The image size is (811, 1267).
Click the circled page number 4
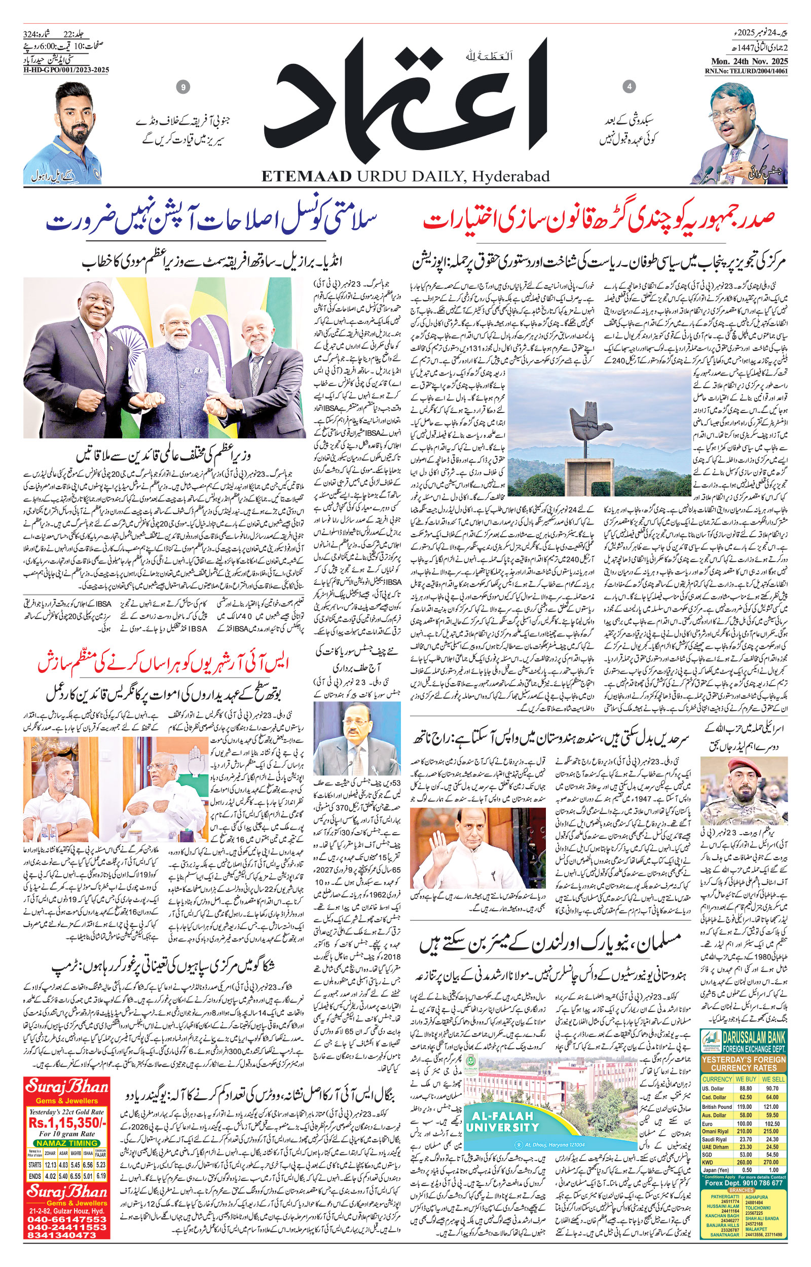pyautogui.click(x=629, y=86)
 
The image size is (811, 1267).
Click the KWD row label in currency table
pyautogui.click(x=708, y=1143)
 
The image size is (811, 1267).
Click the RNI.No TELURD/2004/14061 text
pyautogui.click(x=746, y=70)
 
